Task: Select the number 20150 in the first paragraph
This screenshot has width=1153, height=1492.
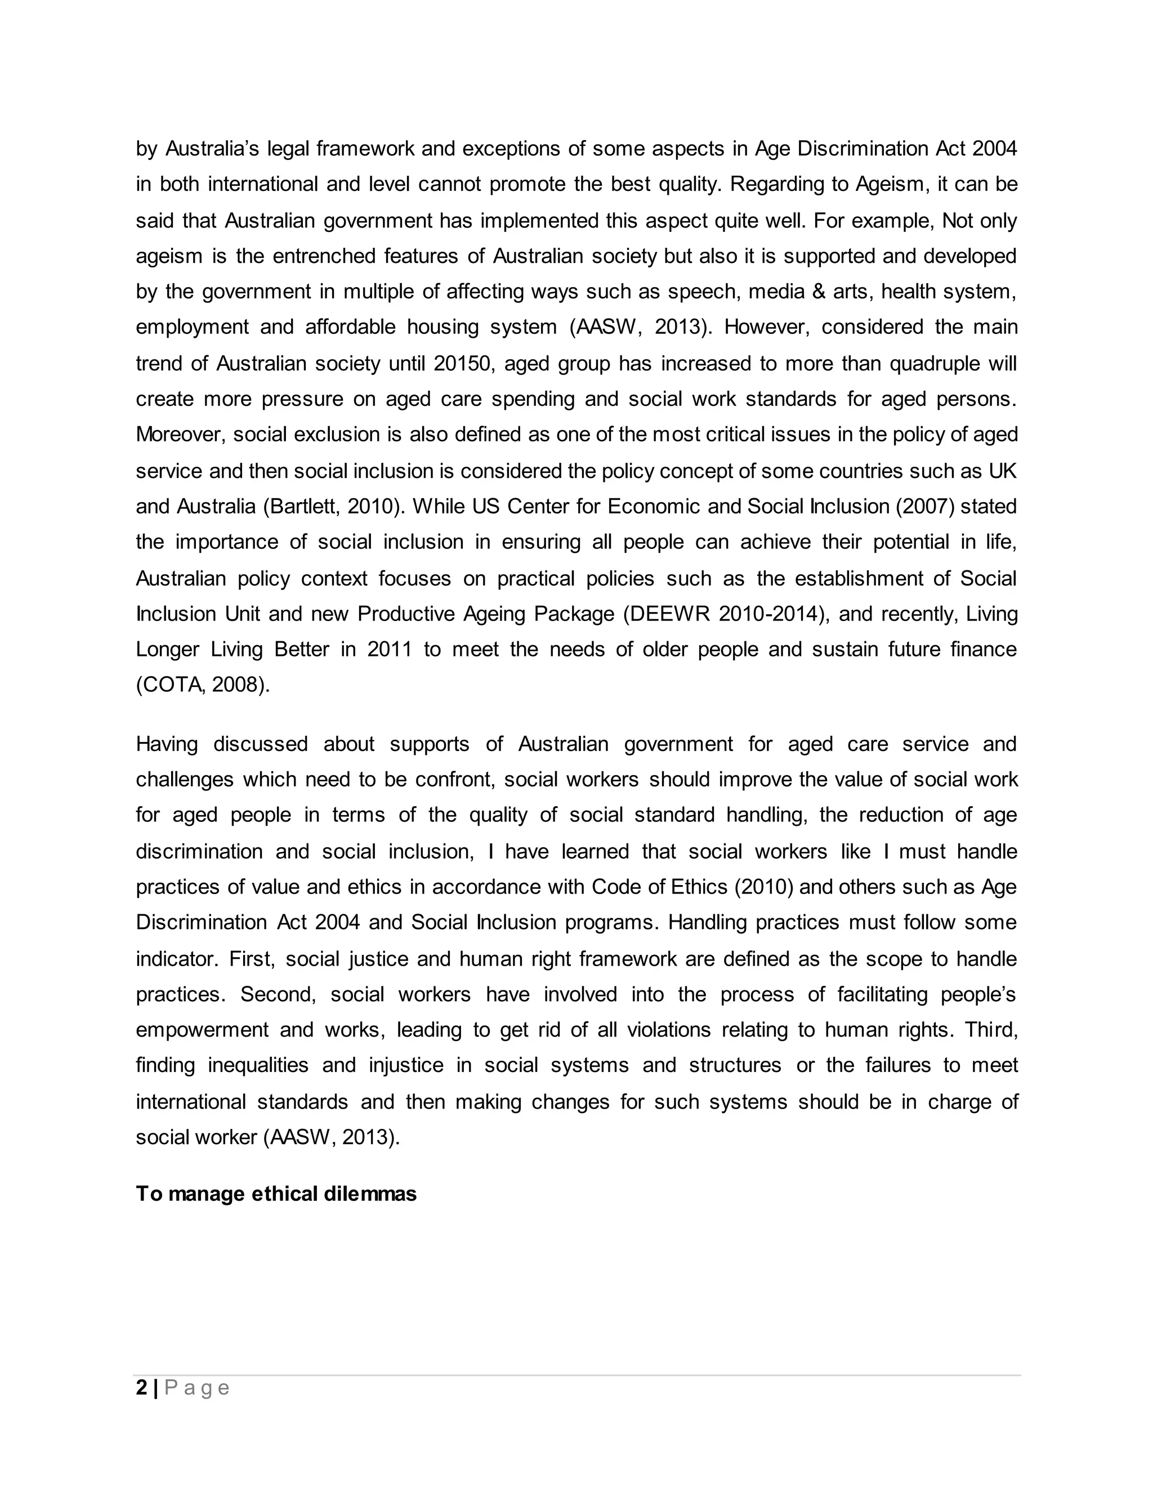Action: (x=462, y=364)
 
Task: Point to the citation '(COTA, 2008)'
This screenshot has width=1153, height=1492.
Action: (x=203, y=685)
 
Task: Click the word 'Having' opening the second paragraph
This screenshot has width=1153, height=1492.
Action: (x=167, y=744)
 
